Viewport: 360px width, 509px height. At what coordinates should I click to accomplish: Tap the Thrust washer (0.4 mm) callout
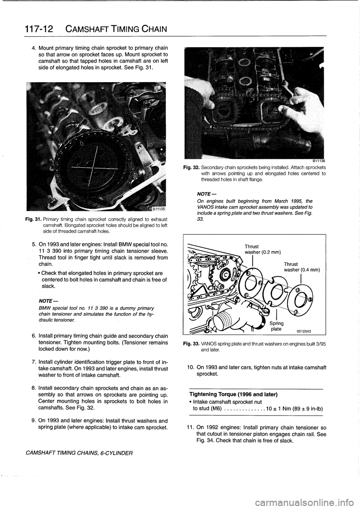(301, 267)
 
